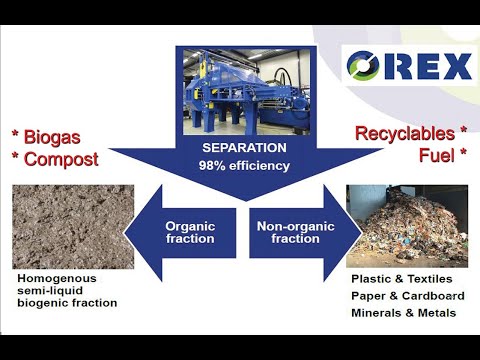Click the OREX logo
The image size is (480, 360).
click(x=409, y=67)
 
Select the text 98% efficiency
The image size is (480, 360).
click(x=237, y=165)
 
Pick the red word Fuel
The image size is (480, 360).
click(x=439, y=157)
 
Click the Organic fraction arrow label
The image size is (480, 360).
click(x=190, y=233)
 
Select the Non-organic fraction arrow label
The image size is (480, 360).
click(x=284, y=233)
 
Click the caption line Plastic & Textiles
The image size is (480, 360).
click(x=400, y=279)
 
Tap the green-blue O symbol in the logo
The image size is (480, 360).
click(x=363, y=67)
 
